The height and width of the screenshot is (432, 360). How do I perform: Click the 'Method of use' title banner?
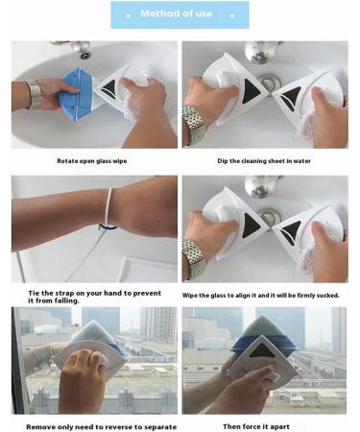180,14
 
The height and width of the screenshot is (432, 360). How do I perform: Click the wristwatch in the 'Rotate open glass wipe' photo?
34,93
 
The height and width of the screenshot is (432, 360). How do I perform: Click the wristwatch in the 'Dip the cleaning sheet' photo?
194,123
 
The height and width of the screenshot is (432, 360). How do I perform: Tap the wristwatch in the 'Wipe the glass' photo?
195,257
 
